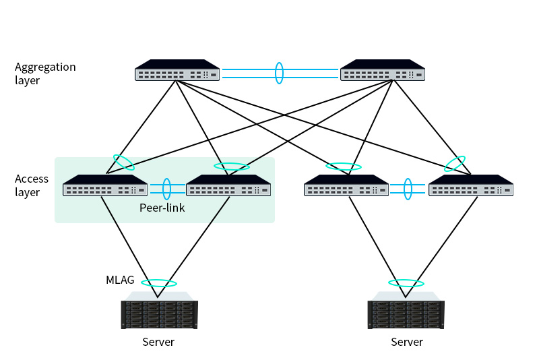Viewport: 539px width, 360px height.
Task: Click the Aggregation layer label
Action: coord(45,73)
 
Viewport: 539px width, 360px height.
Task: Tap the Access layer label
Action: coord(32,185)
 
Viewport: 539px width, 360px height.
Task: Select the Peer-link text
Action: coord(162,208)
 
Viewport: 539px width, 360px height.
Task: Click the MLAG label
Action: coord(120,280)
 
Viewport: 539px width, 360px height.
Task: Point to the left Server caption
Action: coord(158,342)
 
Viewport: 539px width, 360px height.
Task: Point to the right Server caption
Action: coord(407,342)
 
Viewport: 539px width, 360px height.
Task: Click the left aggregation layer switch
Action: coord(177,71)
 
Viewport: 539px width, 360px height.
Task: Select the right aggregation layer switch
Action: coord(383,71)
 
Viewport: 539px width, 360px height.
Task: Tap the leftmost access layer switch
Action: coord(105,186)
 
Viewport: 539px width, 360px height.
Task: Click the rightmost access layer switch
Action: coord(470,186)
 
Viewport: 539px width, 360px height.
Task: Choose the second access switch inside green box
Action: coord(228,186)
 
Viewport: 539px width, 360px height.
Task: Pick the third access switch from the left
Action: coord(346,186)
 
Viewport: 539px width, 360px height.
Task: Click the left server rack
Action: coord(159,311)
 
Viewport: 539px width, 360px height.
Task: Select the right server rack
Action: coord(406,311)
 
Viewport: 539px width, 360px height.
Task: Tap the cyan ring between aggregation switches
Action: coord(279,73)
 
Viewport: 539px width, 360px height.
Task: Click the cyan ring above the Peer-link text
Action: coord(166,189)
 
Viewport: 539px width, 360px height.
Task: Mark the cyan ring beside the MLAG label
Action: coord(159,283)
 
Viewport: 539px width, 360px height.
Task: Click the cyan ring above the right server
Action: coord(406,282)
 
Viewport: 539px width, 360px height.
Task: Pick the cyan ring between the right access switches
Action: coord(408,189)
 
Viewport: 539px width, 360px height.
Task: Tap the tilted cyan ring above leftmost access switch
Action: coord(123,162)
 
